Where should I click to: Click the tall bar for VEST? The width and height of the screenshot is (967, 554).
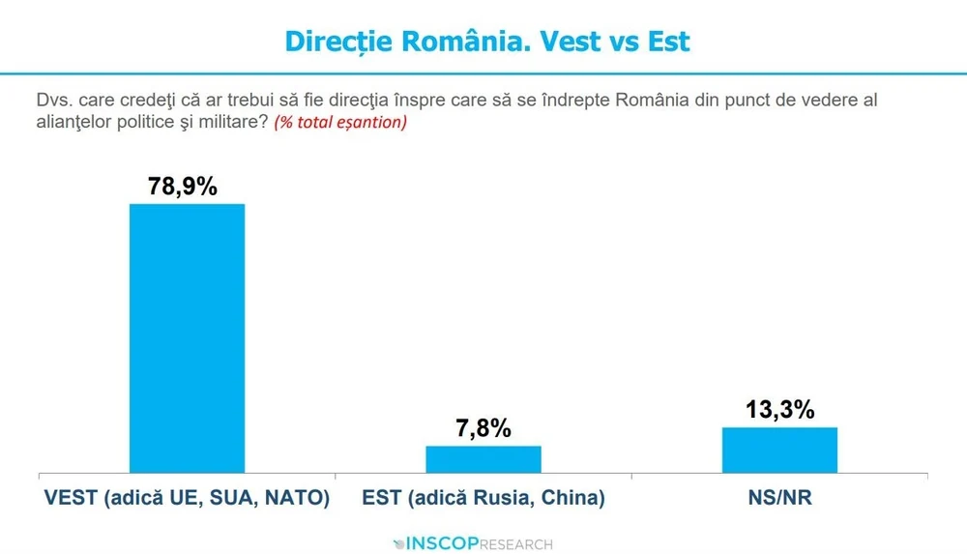tap(187, 338)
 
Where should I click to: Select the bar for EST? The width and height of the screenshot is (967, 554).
tap(483, 459)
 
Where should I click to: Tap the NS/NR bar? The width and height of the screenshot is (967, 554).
tap(779, 451)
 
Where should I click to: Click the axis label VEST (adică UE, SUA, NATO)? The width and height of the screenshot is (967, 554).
tap(188, 499)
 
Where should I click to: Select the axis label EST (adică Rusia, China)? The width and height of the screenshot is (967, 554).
tap(483, 499)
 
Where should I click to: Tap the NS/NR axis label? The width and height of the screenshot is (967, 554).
tap(779, 499)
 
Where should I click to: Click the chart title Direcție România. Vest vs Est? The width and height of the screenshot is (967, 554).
tap(487, 41)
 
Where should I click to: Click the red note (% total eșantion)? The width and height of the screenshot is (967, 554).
tap(340, 123)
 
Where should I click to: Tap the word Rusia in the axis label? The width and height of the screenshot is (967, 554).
tap(509, 499)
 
